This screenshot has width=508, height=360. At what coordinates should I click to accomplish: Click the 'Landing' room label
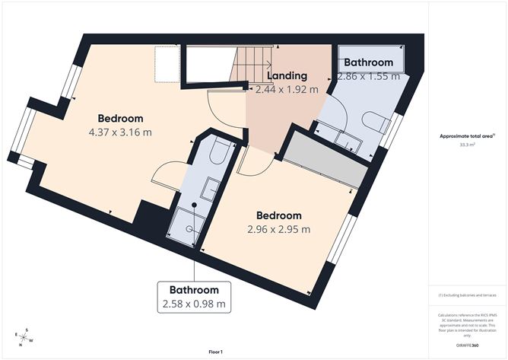(286, 75)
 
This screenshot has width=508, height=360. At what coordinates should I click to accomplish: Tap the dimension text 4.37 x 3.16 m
(120, 132)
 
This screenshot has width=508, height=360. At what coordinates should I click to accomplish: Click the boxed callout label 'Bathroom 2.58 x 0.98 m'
(194, 297)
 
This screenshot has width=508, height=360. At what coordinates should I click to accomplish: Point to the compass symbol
(24, 336)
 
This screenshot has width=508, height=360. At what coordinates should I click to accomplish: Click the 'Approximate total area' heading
(465, 135)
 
